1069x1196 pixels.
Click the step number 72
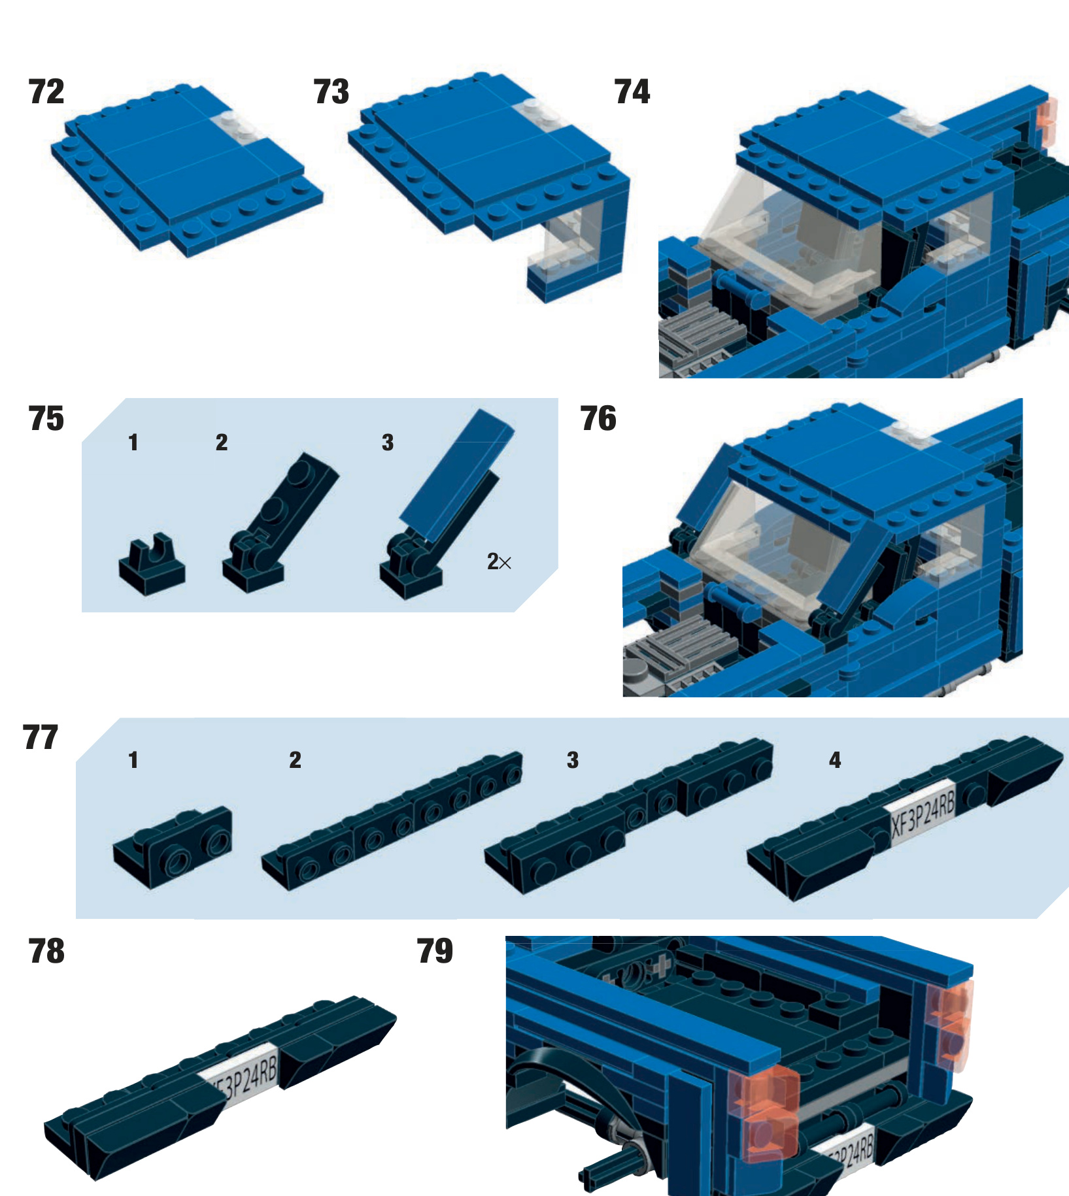tap(46, 91)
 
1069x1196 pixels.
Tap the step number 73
tap(331, 91)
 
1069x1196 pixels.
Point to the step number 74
tap(632, 91)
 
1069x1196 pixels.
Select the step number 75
tap(46, 419)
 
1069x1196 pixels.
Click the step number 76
tap(598, 419)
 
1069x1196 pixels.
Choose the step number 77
tap(41, 738)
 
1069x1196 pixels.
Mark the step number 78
tap(46, 952)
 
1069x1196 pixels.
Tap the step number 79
tap(435, 952)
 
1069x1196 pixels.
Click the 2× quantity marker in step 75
tap(499, 561)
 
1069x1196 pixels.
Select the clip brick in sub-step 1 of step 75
tap(152, 564)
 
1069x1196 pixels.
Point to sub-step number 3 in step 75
tap(388, 442)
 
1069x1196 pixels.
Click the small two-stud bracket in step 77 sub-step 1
tap(172, 846)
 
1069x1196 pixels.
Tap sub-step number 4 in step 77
tap(835, 760)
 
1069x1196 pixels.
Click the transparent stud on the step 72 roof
tap(237, 124)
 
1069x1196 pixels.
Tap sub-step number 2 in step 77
tap(295, 760)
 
